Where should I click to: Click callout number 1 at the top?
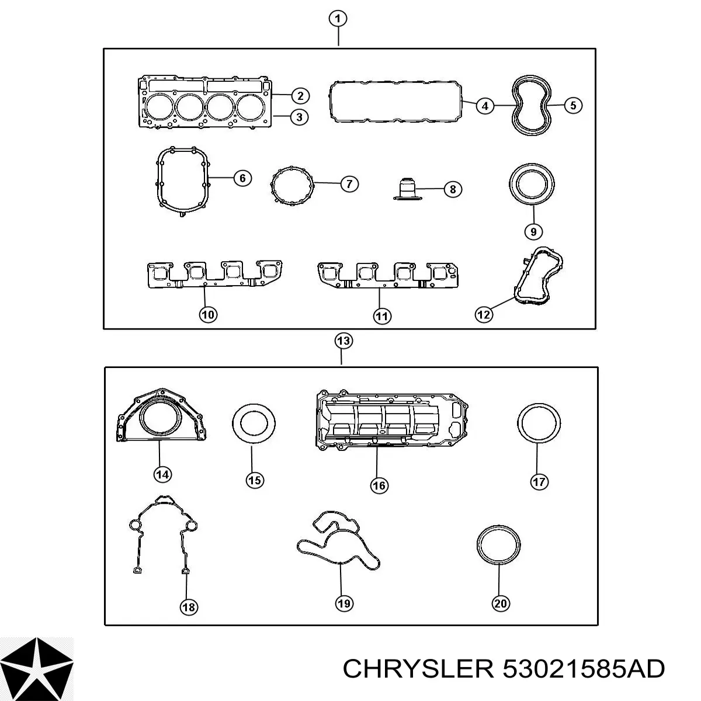[338, 19]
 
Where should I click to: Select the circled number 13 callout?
[343, 341]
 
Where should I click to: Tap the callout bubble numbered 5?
[573, 106]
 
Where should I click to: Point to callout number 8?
[453, 189]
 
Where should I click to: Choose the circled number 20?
[501, 603]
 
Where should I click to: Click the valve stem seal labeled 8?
[407, 189]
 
